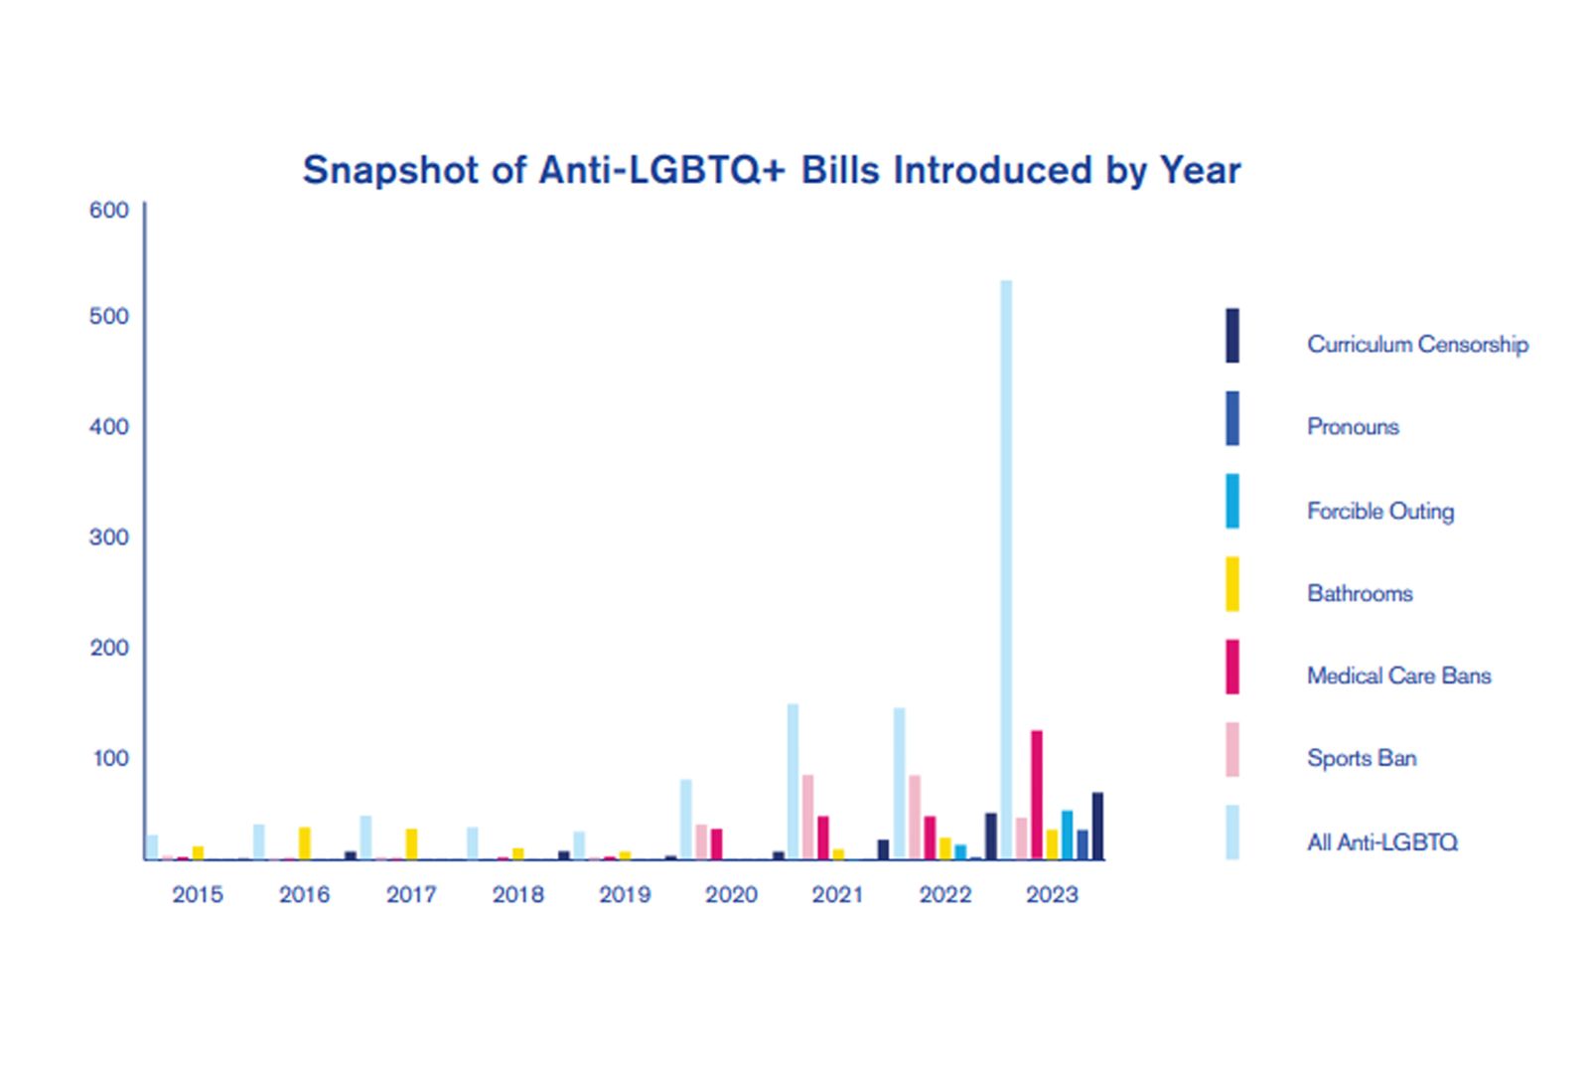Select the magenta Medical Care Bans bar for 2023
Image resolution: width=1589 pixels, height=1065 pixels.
[1037, 795]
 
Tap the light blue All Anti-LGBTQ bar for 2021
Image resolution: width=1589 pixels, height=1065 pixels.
[793, 781]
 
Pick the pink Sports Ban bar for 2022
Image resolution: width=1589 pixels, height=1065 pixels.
[915, 817]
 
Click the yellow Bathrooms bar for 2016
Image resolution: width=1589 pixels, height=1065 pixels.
[305, 843]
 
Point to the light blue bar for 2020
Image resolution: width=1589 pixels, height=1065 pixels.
[686, 820]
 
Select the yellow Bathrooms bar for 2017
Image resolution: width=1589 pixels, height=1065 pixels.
[411, 843]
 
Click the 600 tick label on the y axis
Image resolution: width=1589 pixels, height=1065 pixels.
[109, 210]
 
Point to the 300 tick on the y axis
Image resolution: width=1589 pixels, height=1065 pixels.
[109, 537]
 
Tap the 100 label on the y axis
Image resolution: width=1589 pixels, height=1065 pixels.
[110, 758]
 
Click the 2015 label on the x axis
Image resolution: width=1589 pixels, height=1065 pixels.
[198, 894]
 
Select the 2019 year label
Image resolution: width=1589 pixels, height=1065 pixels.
[625, 894]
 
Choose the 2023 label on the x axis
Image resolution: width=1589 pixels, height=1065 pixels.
[1052, 894]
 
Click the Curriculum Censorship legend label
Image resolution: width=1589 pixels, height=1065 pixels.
[1417, 344]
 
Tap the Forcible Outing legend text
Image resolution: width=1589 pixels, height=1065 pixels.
[1380, 511]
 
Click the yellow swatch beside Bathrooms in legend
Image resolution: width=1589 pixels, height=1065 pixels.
[1232, 584]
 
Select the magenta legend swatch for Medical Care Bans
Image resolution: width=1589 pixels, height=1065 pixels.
[1232, 667]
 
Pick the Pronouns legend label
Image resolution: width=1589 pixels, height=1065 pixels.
[1353, 426]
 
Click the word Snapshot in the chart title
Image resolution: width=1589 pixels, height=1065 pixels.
[390, 170]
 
